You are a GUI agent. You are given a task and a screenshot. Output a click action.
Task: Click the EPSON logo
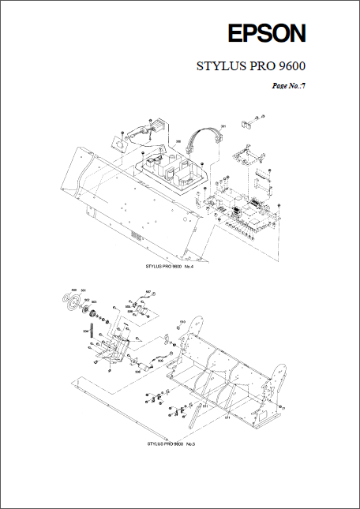click(267, 34)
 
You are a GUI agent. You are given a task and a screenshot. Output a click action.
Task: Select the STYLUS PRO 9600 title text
click(251, 66)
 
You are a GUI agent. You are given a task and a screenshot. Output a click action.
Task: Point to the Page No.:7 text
click(288, 85)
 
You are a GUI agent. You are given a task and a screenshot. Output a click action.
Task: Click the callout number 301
click(223, 126)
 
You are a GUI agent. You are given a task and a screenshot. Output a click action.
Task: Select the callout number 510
click(182, 322)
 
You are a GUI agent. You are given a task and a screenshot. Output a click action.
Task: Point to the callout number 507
click(147, 292)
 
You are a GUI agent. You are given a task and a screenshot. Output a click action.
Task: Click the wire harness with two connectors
click(207, 142)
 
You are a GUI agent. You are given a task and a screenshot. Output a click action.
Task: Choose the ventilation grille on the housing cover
click(136, 236)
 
